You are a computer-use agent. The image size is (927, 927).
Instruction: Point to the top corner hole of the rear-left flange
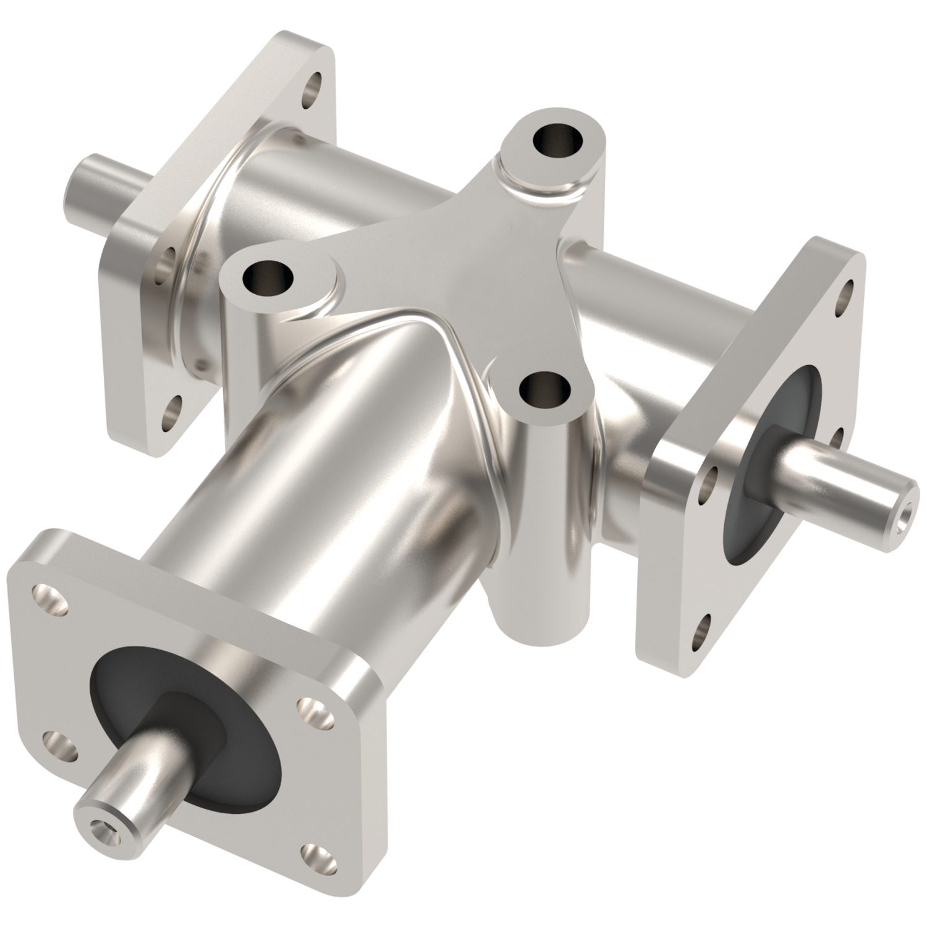pyautogui.click(x=315, y=83)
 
